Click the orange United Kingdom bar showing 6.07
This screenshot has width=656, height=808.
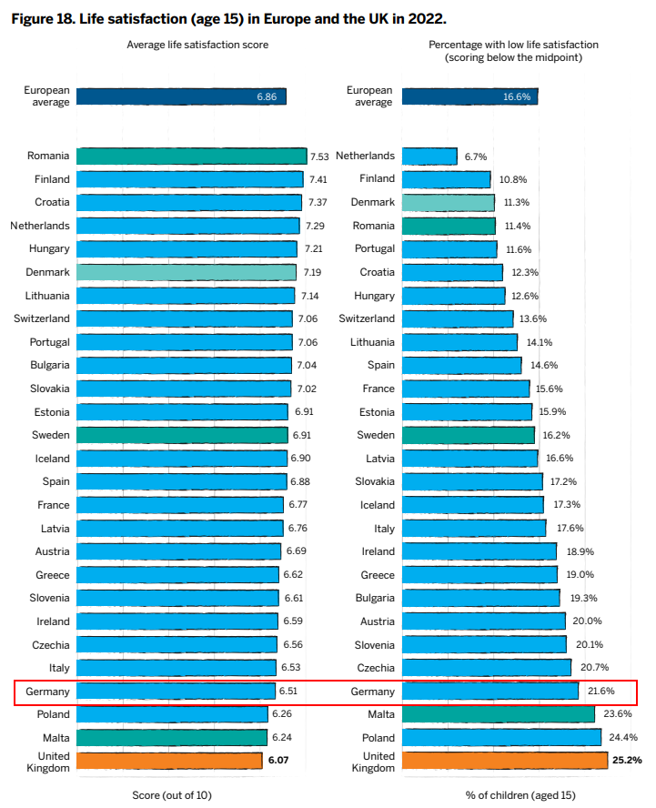pyautogui.click(x=169, y=761)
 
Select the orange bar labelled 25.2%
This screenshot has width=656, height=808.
pyautogui.click(x=505, y=761)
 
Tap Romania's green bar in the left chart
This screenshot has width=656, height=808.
pyautogui.click(x=192, y=157)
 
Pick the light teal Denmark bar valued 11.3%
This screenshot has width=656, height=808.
pyautogui.click(x=449, y=203)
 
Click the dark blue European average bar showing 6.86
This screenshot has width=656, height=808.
pyautogui.click(x=181, y=96)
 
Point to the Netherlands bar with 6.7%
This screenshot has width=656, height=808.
pyautogui.click(x=429, y=157)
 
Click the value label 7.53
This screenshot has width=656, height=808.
pyautogui.click(x=319, y=157)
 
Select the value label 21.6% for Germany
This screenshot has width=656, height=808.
pyautogui.click(x=600, y=691)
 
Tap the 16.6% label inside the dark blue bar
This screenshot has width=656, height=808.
pyautogui.click(x=517, y=96)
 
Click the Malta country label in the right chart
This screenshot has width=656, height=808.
pyautogui.click(x=381, y=714)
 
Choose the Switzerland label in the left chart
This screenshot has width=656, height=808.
pyautogui.click(x=42, y=318)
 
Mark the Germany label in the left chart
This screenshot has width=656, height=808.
pyautogui.click(x=47, y=692)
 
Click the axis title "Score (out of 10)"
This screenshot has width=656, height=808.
pyautogui.click(x=172, y=795)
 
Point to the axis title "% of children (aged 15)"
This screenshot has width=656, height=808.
pyautogui.click(x=520, y=795)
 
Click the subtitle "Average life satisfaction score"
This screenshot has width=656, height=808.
pyautogui.click(x=197, y=45)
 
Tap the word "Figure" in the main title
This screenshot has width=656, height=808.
pyautogui.click(x=30, y=19)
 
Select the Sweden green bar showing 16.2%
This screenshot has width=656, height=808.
pyautogui.click(x=469, y=436)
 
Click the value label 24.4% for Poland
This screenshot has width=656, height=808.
pyautogui.click(x=623, y=737)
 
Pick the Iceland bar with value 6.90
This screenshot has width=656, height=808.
pyautogui.click(x=182, y=459)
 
